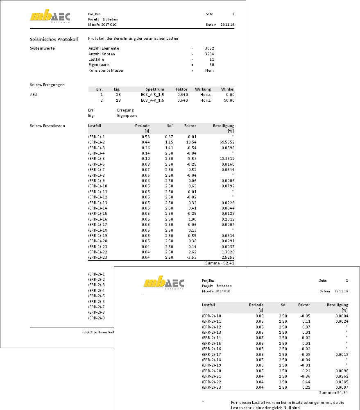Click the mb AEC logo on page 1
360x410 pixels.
pyautogui.click(x=50, y=17)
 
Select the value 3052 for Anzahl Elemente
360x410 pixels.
pyautogui.click(x=209, y=48)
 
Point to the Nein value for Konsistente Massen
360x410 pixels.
pyautogui.click(x=209, y=70)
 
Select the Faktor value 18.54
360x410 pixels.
pyautogui.click(x=191, y=142)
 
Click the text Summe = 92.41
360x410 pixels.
pyautogui.click(x=220, y=263)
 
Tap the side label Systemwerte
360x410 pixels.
pyautogui.click(x=43, y=48)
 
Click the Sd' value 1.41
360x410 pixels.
pyautogui.click(x=169, y=148)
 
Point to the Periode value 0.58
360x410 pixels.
pyautogui.click(x=145, y=137)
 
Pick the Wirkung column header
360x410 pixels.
pyautogui.click(x=203, y=89)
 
